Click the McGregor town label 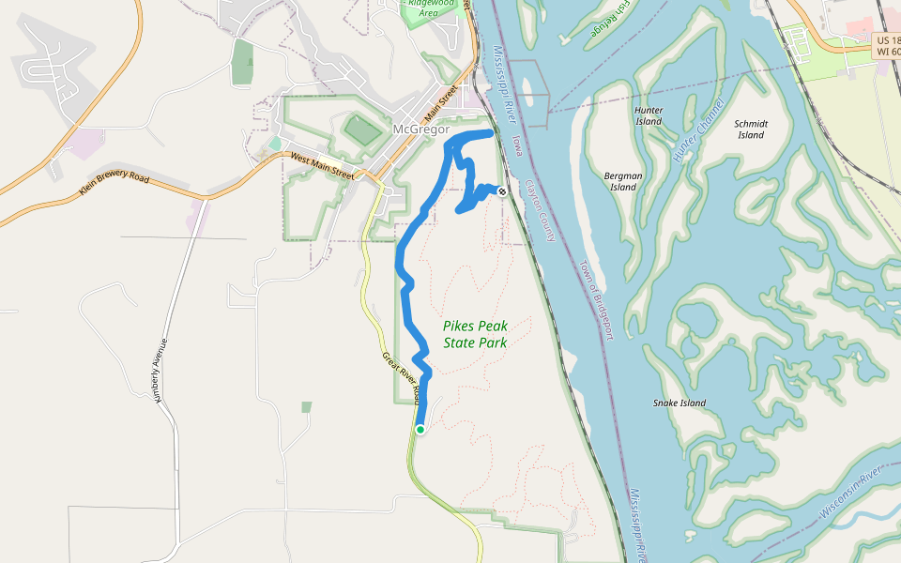(421, 129)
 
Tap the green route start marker (420, 430)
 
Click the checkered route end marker (502, 192)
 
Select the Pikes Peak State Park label (475, 334)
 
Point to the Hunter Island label (649, 115)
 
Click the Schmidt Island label (751, 129)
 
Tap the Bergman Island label (623, 181)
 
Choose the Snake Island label (680, 403)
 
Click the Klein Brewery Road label (115, 189)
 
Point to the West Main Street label (322, 166)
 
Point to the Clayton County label (542, 211)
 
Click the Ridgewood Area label (429, 8)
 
